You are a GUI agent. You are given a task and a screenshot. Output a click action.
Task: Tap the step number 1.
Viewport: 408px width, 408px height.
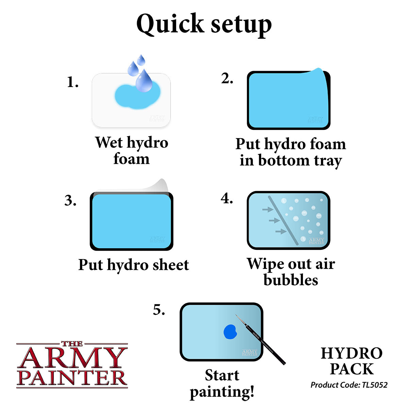click(x=72, y=83)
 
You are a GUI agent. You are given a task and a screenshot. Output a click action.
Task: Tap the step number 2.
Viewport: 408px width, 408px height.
click(x=227, y=79)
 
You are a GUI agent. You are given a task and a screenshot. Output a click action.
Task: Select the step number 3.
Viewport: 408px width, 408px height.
click(x=70, y=201)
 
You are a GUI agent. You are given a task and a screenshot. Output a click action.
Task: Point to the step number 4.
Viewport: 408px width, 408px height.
click(x=226, y=199)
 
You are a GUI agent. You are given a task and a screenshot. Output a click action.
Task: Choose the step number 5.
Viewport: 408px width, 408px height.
click(x=159, y=310)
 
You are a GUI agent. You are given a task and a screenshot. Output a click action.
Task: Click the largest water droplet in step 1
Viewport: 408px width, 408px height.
click(x=144, y=81)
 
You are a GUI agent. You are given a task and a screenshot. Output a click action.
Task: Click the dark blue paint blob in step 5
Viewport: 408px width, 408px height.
click(x=230, y=331)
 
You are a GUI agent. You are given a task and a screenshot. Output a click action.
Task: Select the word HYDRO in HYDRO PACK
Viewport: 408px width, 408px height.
click(x=351, y=354)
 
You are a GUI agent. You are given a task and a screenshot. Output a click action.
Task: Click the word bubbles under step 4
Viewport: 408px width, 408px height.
click(x=291, y=280)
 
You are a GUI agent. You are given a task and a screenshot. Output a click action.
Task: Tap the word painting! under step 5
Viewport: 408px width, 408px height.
click(x=222, y=392)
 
